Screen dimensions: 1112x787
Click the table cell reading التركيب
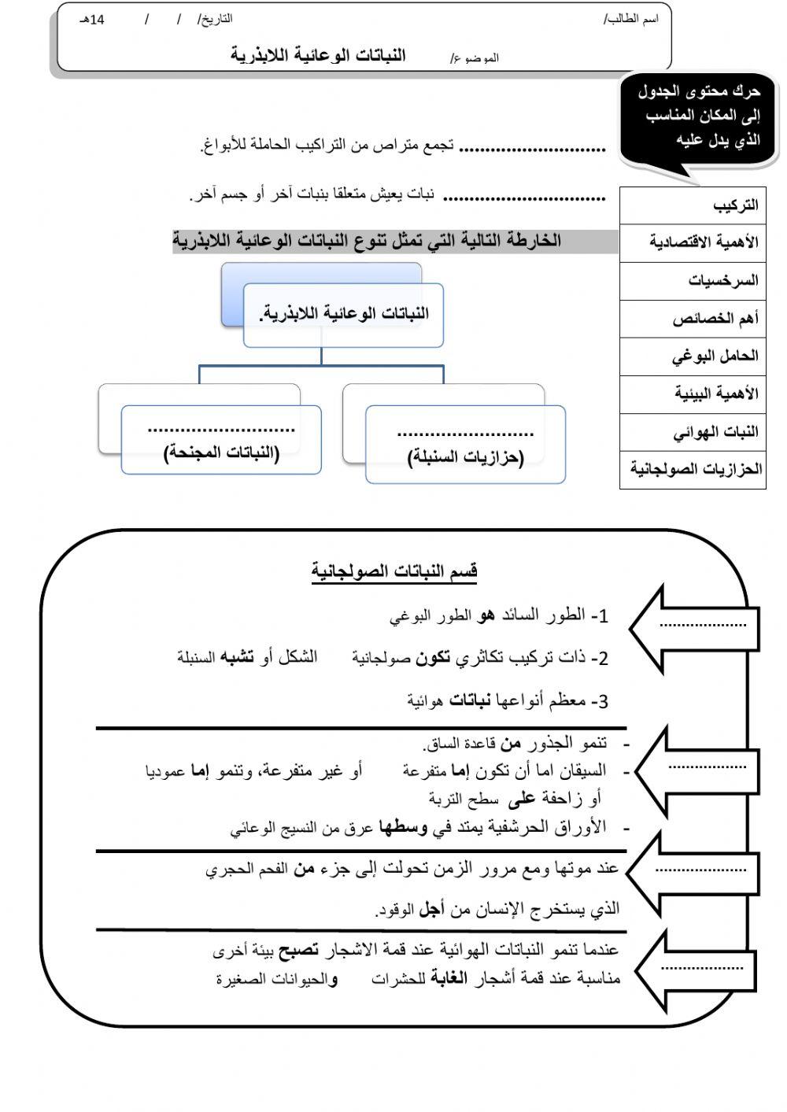pyautogui.click(x=693, y=205)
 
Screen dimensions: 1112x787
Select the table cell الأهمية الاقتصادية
pyautogui.click(x=693, y=242)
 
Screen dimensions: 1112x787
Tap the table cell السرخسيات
pyautogui.click(x=693, y=280)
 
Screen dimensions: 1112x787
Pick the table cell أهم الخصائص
pyautogui.click(x=693, y=319)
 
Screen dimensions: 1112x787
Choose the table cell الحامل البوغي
pyautogui.click(x=693, y=357)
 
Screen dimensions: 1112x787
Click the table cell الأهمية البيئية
pyautogui.click(x=693, y=393)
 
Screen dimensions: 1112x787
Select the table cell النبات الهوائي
pyautogui.click(x=693, y=432)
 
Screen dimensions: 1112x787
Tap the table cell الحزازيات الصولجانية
pyautogui.click(x=693, y=470)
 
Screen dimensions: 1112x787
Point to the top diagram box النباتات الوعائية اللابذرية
pyautogui.click(x=343, y=315)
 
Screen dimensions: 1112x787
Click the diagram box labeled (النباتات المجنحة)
pyautogui.click(x=221, y=441)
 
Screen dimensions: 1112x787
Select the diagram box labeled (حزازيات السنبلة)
pyautogui.click(x=465, y=445)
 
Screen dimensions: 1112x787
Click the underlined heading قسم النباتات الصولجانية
pyautogui.click(x=394, y=571)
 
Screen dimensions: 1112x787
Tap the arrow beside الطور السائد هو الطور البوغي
pyautogui.click(x=693, y=626)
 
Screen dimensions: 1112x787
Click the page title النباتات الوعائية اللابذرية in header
pyautogui.click(x=318, y=55)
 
